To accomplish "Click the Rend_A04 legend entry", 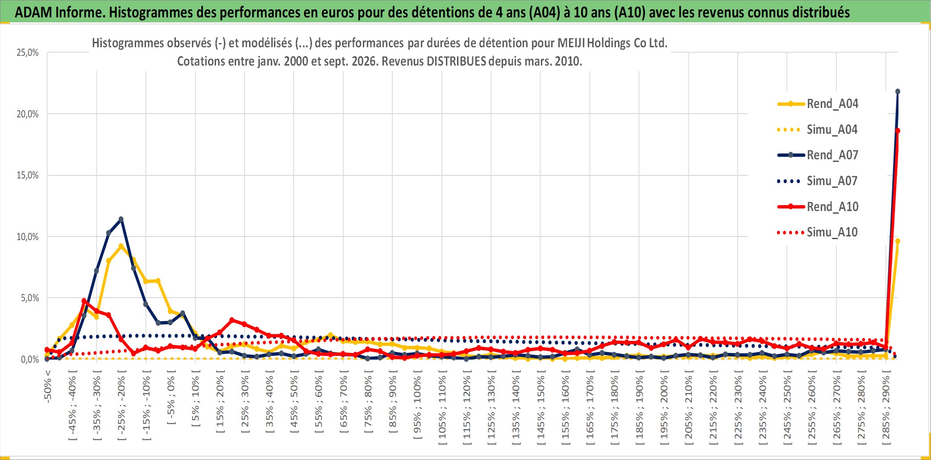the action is point(818,104).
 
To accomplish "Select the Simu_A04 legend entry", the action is point(818,129).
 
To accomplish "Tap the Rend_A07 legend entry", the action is point(818,155).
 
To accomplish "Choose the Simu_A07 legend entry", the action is point(818,181).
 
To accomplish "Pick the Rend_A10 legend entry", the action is point(818,207).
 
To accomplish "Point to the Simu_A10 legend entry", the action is point(818,232).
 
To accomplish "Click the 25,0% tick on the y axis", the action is point(28,53).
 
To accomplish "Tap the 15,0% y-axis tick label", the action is point(28,175).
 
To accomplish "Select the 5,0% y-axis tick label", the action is point(30,298).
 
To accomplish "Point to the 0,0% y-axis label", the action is point(30,359).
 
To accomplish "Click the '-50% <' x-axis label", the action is point(48,387).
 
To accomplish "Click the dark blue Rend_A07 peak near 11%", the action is point(121,219).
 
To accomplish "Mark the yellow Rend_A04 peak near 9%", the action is point(121,246).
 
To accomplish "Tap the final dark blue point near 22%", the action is point(898,91).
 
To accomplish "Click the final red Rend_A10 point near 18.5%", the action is point(898,131).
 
